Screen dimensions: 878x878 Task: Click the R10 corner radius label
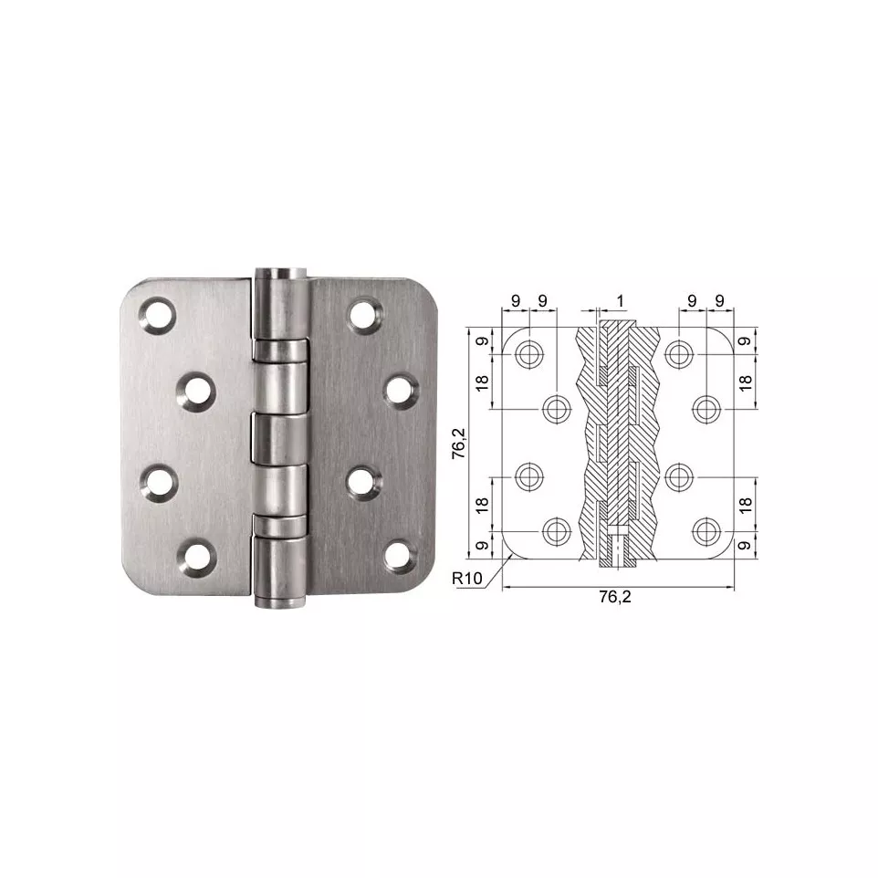point(467,578)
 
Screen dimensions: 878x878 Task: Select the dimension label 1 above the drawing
point(620,301)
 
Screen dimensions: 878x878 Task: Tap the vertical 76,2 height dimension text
point(458,444)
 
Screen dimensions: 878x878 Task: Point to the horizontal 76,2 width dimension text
point(615,597)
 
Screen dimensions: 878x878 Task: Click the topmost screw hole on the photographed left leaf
point(157,316)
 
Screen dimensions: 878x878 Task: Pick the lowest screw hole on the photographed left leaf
point(197,557)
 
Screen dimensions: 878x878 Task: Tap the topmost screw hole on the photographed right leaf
point(365,315)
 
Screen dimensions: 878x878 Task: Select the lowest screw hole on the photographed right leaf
point(401,556)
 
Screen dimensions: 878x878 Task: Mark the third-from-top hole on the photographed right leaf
point(364,483)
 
